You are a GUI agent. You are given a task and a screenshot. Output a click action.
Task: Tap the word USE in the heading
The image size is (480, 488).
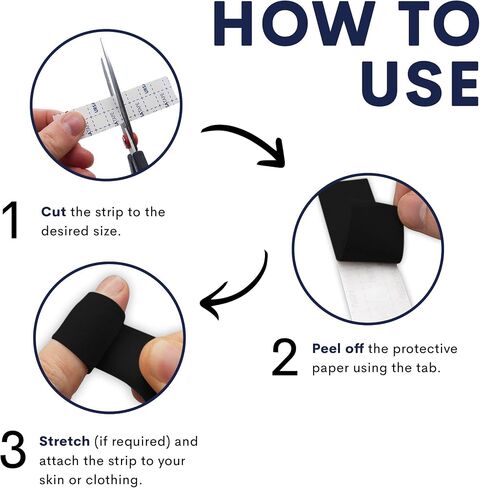pyautogui.click(x=420, y=83)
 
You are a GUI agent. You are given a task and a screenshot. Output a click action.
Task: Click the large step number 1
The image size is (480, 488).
pyautogui.click(x=11, y=220)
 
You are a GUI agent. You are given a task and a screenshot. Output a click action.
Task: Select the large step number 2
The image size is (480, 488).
pyautogui.click(x=284, y=358)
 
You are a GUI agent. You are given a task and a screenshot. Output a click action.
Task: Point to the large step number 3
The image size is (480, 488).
pyautogui.click(x=13, y=449)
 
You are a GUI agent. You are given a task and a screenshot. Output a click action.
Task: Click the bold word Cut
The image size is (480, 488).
pyautogui.click(x=53, y=212)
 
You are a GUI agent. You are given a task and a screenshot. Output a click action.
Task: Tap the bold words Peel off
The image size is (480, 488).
pyautogui.click(x=338, y=349)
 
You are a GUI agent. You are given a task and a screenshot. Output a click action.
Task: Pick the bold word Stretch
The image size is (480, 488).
pyautogui.click(x=64, y=441)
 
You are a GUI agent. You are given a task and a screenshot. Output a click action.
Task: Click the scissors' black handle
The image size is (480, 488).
pyautogui.click(x=137, y=161)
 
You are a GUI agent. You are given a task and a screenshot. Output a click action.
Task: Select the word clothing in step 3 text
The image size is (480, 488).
pyautogui.click(x=114, y=480)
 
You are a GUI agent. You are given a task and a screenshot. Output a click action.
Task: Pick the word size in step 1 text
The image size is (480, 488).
pyautogui.click(x=106, y=231)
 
